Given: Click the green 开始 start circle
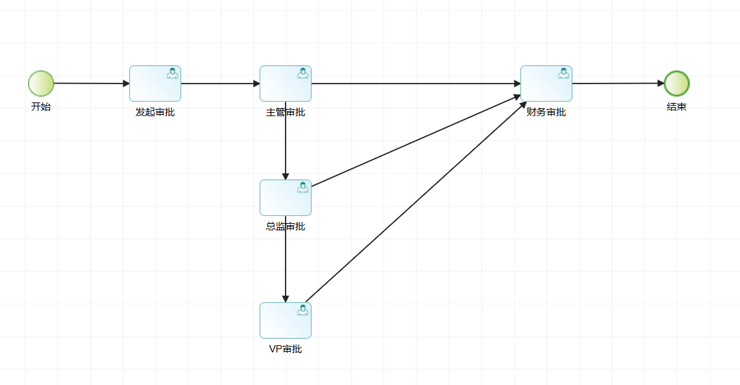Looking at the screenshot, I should pyautogui.click(x=40, y=84).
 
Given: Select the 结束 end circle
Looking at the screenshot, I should pyautogui.click(x=677, y=84).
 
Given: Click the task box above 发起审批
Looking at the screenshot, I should pyautogui.click(x=155, y=84).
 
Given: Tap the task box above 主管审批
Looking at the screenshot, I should pyautogui.click(x=286, y=84).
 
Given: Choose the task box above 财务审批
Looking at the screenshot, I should pyautogui.click(x=546, y=84).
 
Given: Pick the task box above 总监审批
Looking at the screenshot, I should pyautogui.click(x=286, y=198).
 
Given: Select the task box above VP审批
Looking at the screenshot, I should pyautogui.click(x=286, y=320).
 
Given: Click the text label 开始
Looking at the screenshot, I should pyautogui.click(x=40, y=107).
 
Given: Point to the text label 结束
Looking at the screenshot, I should pyautogui.click(x=677, y=107).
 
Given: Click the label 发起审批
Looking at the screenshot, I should pyautogui.click(x=155, y=112).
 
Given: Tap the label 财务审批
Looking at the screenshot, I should pyautogui.click(x=546, y=112).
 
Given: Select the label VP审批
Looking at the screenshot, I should pyautogui.click(x=286, y=349).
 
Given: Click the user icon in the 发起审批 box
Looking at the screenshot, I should pyautogui.click(x=172, y=73).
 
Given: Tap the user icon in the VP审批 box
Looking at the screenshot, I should pyautogui.click(x=303, y=310).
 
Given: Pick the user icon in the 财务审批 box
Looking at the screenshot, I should pyautogui.click(x=563, y=73).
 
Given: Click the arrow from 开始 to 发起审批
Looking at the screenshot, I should pyautogui.click(x=91, y=84).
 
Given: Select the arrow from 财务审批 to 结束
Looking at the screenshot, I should pyautogui.click(x=618, y=84).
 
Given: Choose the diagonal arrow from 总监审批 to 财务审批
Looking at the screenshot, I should pyautogui.click(x=417, y=141).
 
